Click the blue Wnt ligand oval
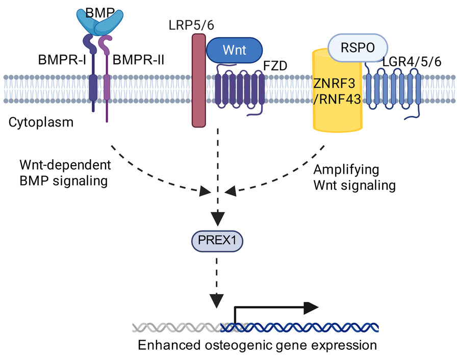point(234,50)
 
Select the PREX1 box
point(217,241)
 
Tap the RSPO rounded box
point(358,48)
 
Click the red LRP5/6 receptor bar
point(199,81)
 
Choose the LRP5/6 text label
point(191,25)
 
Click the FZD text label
point(275,66)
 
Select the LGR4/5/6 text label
point(412,62)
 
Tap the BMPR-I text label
point(62,60)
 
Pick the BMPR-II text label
point(138,60)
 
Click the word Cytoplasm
point(41,122)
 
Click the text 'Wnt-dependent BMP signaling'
point(65,173)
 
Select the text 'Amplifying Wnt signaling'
point(354,177)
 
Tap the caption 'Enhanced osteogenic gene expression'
point(258,345)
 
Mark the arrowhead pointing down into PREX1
point(217,219)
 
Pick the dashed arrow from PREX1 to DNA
point(217,282)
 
